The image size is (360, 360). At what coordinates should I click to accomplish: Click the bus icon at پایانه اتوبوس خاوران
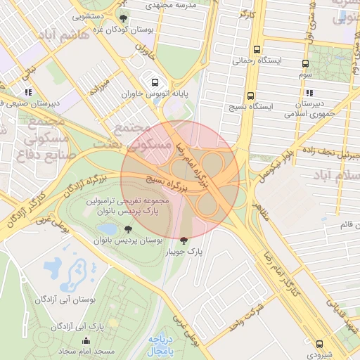[x=155, y=80]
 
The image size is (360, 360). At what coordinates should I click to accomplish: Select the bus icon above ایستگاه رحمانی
[x=257, y=50]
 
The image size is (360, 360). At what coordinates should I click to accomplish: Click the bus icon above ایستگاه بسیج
[x=250, y=96]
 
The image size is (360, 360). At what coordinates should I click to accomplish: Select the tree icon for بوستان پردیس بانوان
[x=128, y=229]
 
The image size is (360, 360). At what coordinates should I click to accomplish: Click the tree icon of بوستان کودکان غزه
[x=124, y=19]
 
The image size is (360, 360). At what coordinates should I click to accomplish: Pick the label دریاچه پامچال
[x=160, y=342]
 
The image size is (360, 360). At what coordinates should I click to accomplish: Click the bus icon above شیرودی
[x=320, y=345]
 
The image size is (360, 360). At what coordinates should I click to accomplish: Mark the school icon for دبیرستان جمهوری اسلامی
[x=308, y=93]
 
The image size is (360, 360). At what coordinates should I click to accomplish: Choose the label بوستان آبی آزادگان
[x=70, y=299]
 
